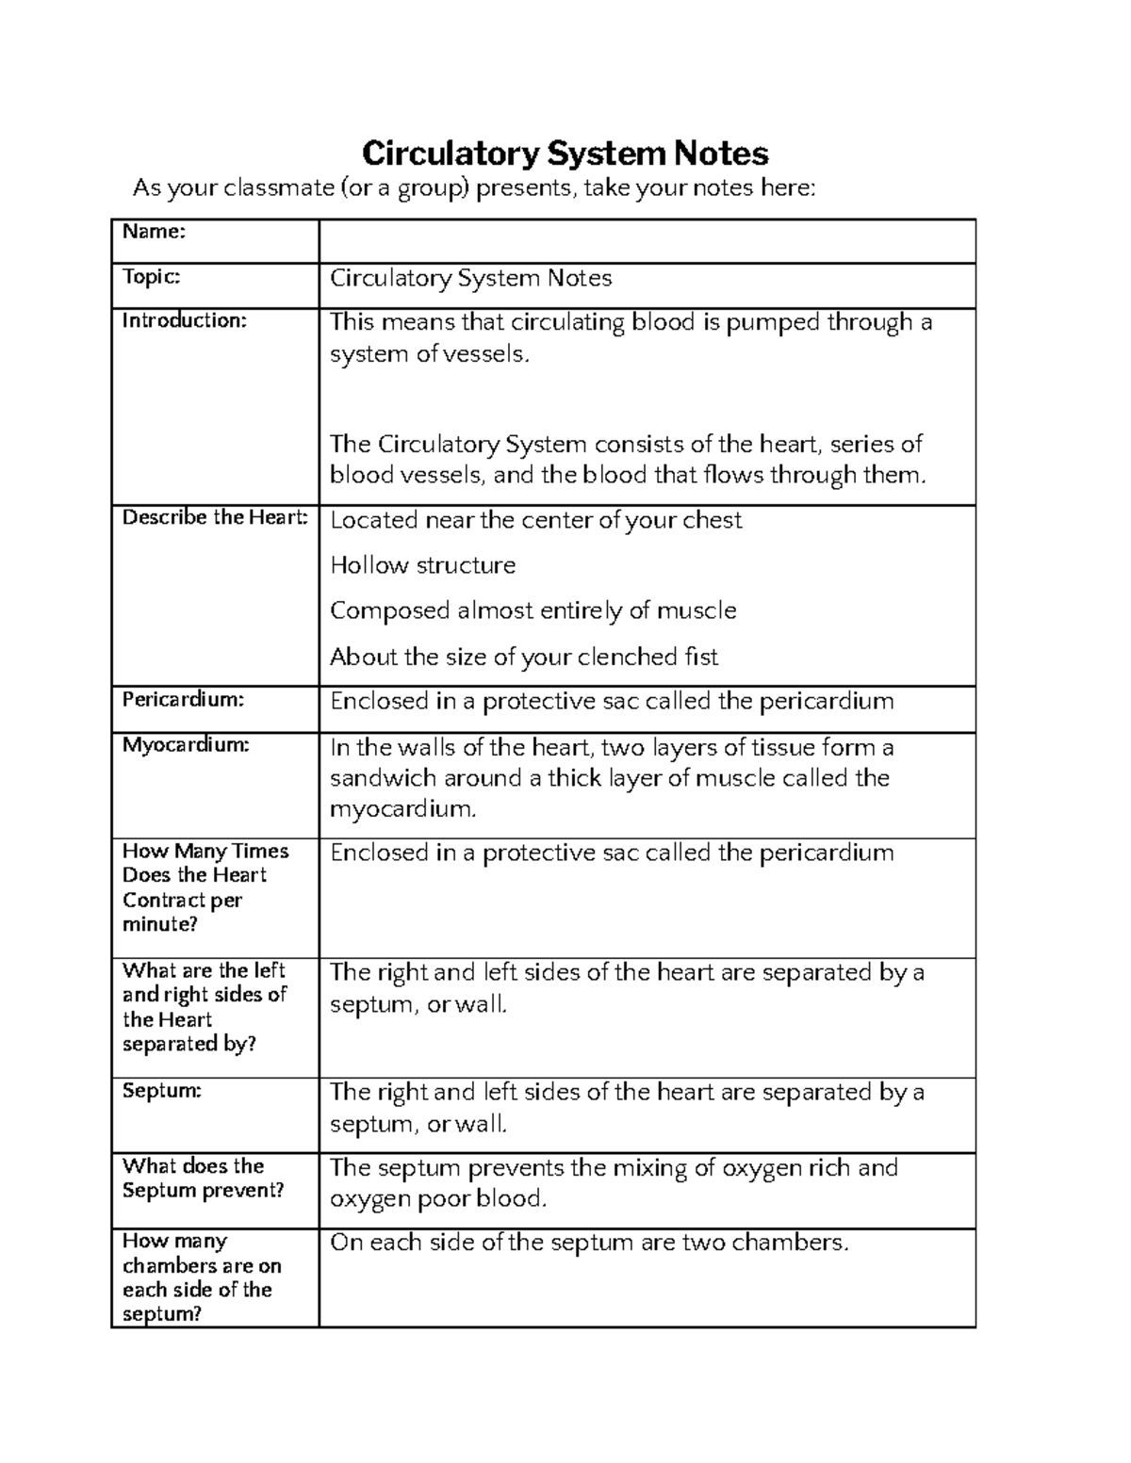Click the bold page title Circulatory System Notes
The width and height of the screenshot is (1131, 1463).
(565, 153)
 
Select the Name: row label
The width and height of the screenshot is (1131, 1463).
(154, 232)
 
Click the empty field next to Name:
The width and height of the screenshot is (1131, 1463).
(647, 241)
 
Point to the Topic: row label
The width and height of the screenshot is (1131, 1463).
(151, 276)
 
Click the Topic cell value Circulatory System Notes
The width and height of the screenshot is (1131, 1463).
(470, 278)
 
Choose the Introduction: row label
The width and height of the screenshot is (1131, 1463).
(184, 320)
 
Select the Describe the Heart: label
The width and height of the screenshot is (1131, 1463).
(215, 517)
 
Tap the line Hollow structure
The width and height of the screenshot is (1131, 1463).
(422, 565)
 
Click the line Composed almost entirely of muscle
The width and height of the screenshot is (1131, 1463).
(533, 610)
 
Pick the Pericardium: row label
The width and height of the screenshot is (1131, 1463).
(183, 699)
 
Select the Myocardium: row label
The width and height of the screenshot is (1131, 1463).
(186, 745)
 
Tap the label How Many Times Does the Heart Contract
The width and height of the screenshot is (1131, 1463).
(205, 886)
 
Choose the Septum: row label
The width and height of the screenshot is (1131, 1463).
(161, 1091)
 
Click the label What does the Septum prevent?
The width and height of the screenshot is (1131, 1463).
(203, 1178)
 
